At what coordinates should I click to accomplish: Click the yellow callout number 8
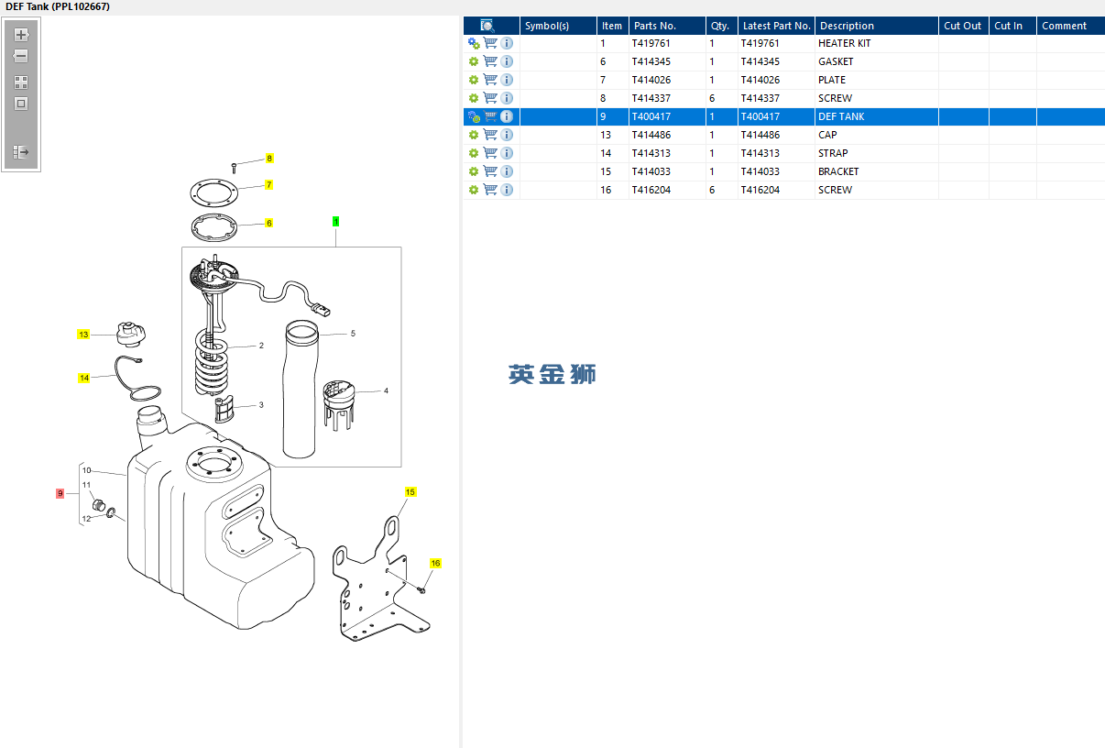(x=269, y=159)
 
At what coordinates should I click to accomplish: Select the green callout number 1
(x=335, y=222)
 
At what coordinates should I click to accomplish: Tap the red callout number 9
(x=60, y=493)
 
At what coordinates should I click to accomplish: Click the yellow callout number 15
(x=410, y=492)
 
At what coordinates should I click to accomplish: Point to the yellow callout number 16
(x=435, y=564)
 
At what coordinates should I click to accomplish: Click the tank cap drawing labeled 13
(x=127, y=335)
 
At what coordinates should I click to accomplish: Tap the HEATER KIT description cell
(x=844, y=43)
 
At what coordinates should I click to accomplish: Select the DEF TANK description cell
(x=841, y=116)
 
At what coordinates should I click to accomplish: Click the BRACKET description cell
(x=838, y=171)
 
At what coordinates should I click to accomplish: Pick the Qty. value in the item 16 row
(x=712, y=190)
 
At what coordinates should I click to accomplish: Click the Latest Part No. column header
(x=776, y=26)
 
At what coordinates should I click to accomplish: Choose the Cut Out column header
(x=963, y=26)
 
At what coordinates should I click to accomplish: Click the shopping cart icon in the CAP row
(x=490, y=135)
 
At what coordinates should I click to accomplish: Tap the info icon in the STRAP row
(x=507, y=153)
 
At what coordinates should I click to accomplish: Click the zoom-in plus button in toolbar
(x=21, y=35)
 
